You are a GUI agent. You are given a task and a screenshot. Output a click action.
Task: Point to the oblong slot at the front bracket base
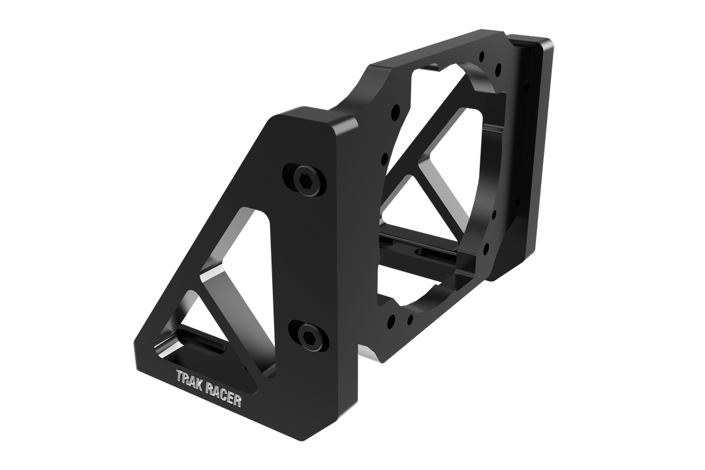pos(198,341)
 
